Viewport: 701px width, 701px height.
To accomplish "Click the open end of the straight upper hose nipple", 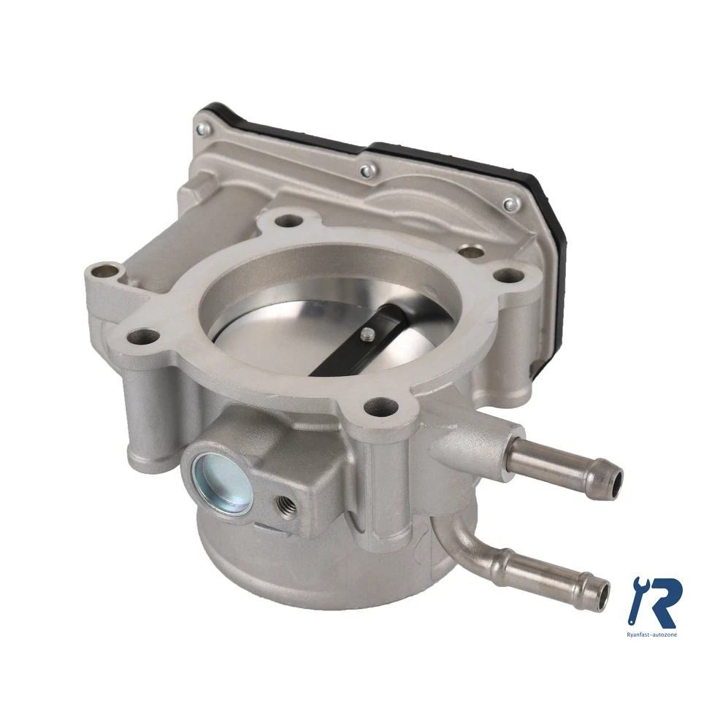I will (616, 483).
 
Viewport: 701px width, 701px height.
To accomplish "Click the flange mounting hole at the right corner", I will (505, 277).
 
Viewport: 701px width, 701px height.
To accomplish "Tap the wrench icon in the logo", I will (637, 595).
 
